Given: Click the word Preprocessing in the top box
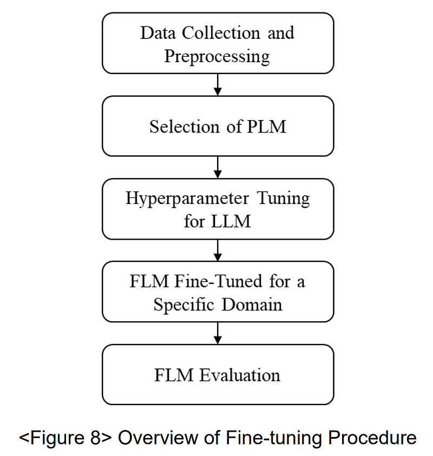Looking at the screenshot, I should tap(216, 56).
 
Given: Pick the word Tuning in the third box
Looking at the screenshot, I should tap(284, 198).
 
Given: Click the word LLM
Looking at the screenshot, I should tap(232, 222).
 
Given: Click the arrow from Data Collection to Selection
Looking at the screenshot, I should tap(218, 85).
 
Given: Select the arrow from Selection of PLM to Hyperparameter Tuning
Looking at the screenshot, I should tap(218, 168).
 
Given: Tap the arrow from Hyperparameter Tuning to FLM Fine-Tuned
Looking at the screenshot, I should tap(218, 250).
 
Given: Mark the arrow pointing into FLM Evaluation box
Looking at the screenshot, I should tap(218, 333).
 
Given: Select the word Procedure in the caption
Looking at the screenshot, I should tap(369, 437).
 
